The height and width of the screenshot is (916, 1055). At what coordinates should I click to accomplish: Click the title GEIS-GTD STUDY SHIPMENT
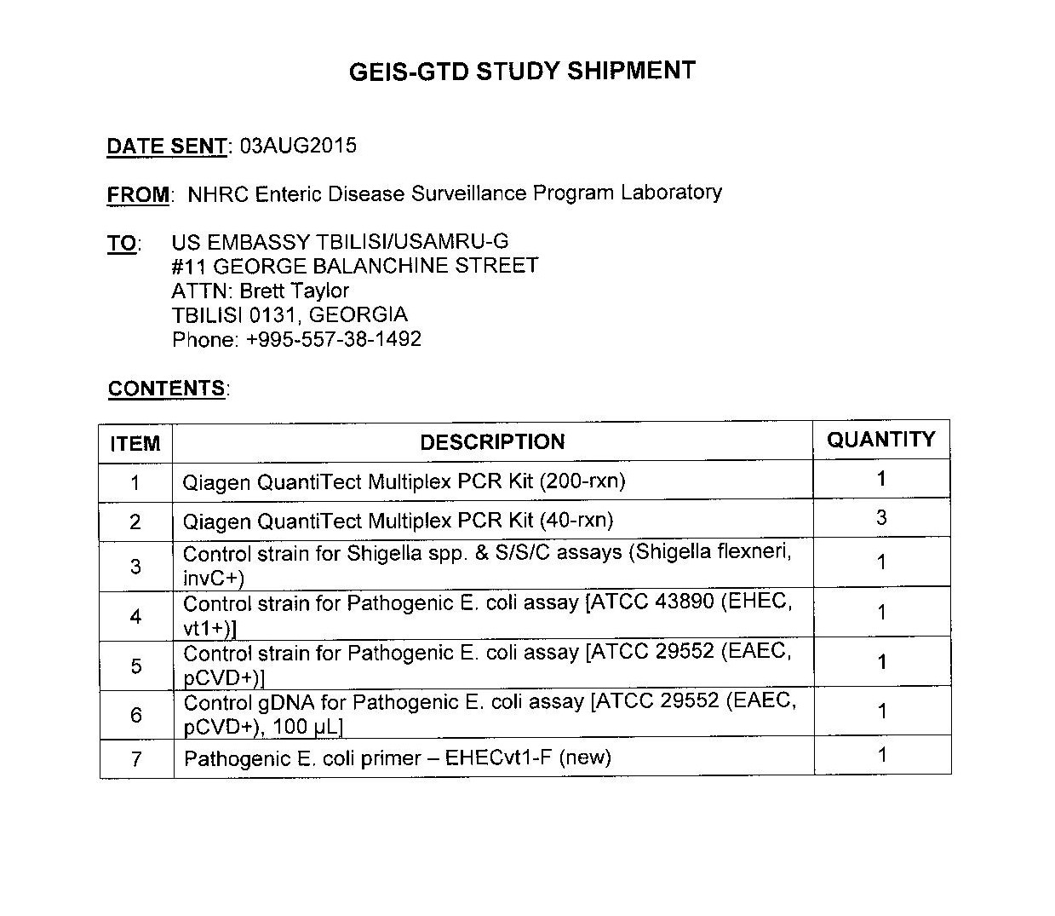[522, 72]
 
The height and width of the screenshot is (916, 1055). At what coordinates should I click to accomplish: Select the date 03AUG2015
[298, 146]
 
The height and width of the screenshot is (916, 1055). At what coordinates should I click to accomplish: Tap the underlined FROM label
[138, 195]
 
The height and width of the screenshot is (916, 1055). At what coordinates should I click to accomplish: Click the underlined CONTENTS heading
[166, 389]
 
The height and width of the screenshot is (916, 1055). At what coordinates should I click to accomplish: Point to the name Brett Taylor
[294, 291]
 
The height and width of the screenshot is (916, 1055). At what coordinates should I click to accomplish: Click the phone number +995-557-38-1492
[334, 339]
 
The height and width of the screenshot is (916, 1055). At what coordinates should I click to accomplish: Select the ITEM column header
[135, 444]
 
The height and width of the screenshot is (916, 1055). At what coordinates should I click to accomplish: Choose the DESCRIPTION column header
[492, 442]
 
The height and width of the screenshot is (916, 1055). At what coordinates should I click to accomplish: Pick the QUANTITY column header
[880, 440]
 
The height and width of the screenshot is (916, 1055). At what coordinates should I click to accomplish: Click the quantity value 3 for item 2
[881, 518]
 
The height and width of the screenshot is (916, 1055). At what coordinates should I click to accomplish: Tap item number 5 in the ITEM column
[136, 665]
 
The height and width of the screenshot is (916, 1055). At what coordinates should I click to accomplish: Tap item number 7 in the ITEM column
[136, 758]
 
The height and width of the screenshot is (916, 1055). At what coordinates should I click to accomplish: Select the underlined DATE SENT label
[166, 147]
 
